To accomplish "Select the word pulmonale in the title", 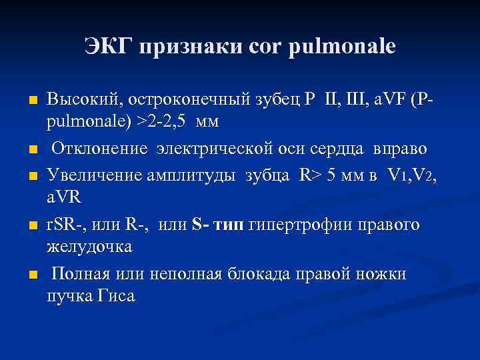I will [342, 46].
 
